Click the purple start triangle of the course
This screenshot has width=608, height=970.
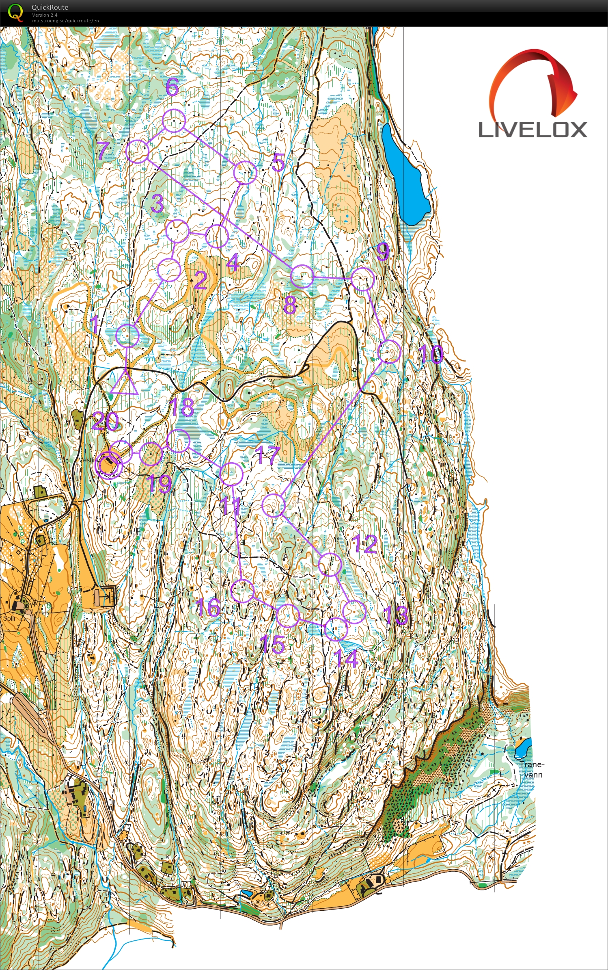pyautogui.click(x=124, y=383)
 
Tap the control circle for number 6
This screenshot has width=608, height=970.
pyautogui.click(x=174, y=121)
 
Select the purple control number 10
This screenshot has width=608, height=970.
pyautogui.click(x=431, y=354)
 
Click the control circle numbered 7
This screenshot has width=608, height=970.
pyautogui.click(x=137, y=152)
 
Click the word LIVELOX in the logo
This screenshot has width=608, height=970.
pyautogui.click(x=533, y=130)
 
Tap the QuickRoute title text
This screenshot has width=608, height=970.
pyautogui.click(x=50, y=7)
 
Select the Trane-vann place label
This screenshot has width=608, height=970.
pyautogui.click(x=532, y=769)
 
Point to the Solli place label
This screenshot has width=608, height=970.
pyautogui.click(x=9, y=618)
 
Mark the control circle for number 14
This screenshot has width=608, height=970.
pyautogui.click(x=336, y=629)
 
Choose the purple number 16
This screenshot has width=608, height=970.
pyautogui.click(x=208, y=607)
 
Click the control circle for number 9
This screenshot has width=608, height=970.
pyautogui.click(x=362, y=279)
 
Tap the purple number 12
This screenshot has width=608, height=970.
pyautogui.click(x=365, y=543)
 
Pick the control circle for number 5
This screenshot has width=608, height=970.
pyautogui.click(x=245, y=173)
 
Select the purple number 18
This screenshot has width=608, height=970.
pyautogui.click(x=182, y=407)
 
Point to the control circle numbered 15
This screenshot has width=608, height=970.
pyautogui.click(x=287, y=615)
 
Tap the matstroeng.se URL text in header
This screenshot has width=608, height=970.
pyautogui.click(x=65, y=21)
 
